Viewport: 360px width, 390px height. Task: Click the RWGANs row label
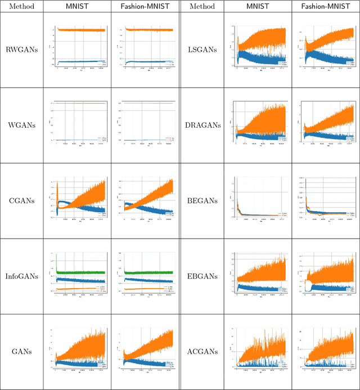point(21,50)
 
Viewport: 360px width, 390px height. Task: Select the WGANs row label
point(21,125)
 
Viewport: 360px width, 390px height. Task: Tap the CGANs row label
point(21,200)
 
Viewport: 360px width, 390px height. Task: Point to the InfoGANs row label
point(21,276)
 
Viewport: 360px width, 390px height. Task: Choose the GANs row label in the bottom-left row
point(21,351)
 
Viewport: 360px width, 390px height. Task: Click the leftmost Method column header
point(21,6)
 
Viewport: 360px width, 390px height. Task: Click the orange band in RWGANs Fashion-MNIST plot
point(146,30)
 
